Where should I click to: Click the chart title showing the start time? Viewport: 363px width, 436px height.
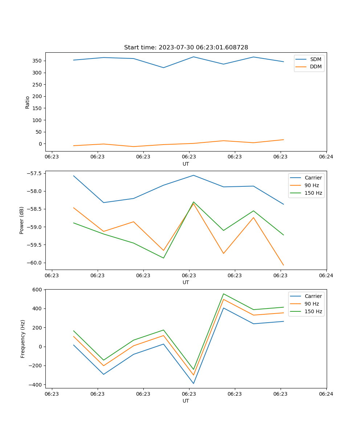186,48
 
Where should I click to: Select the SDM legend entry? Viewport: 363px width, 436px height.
315,59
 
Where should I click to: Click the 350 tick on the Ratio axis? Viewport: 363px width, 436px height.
37,61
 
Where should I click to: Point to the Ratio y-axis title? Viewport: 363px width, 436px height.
28,102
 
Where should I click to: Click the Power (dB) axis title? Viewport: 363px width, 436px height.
22,220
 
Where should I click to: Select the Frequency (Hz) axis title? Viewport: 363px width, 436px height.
23,339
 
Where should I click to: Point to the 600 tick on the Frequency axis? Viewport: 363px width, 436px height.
38,290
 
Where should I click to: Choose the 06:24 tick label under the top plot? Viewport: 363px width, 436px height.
326,157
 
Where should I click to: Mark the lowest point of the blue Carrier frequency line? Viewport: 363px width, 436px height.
193,383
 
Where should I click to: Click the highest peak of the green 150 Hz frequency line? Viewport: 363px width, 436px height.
224,294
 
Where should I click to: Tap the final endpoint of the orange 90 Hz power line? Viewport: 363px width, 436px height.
284,265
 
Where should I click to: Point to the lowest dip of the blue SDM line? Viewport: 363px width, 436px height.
163,68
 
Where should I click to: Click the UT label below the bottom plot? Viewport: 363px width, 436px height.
186,401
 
